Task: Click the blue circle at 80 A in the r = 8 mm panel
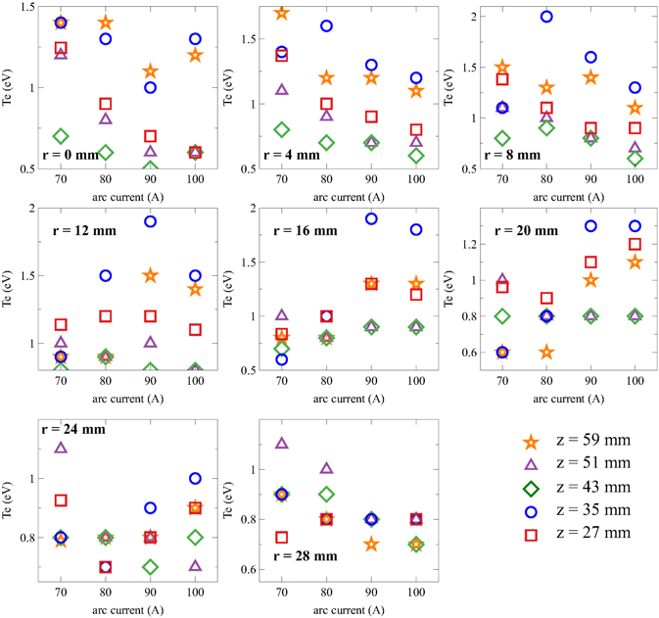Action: [x=546, y=17]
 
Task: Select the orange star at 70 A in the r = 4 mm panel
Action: [x=281, y=13]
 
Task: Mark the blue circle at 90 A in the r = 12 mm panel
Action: [x=150, y=221]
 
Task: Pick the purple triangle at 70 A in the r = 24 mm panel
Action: [x=61, y=448]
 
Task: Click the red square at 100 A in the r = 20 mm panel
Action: [x=635, y=244]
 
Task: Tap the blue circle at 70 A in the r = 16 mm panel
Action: [x=281, y=359]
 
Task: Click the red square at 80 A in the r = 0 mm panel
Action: [x=105, y=103]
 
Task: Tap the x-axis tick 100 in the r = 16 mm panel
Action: [x=415, y=387]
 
